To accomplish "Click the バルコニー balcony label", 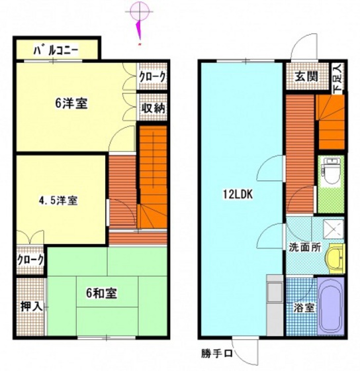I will [x=56, y=50].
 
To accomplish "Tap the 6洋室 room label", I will [x=72, y=104].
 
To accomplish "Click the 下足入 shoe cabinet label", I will [x=337, y=77].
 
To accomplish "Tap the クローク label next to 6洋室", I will [x=152, y=77].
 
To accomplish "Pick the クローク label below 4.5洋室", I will [x=30, y=260].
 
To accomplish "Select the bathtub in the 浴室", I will [x=331, y=305].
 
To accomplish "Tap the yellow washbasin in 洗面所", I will [x=337, y=255].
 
